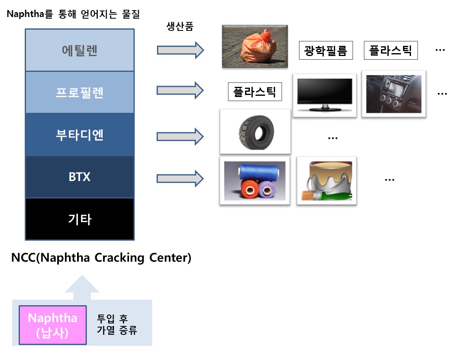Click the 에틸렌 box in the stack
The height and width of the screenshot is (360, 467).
(x=80, y=50)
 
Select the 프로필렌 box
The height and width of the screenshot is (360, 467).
(x=80, y=93)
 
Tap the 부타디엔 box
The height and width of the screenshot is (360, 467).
(x=80, y=135)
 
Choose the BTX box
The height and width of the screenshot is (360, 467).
(x=80, y=177)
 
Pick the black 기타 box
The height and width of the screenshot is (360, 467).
(x=80, y=219)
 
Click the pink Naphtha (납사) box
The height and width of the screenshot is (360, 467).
(x=53, y=325)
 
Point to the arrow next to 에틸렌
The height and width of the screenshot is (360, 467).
(x=181, y=50)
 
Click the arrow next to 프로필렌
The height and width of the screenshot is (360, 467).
(x=180, y=90)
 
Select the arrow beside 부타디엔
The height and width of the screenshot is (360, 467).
(x=180, y=136)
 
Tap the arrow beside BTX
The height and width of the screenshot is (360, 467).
(x=180, y=179)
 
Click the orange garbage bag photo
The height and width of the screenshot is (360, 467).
(x=255, y=47)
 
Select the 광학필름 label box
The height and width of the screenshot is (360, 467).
(x=326, y=50)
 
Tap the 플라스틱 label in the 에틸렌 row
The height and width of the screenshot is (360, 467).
(x=391, y=50)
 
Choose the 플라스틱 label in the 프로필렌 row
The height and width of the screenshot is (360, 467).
(x=255, y=92)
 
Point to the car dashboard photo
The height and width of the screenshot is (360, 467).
(x=394, y=94)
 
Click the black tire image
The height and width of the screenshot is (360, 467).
(x=255, y=132)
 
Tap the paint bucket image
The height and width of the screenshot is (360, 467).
(x=327, y=181)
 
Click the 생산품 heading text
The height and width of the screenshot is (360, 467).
(x=180, y=26)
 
